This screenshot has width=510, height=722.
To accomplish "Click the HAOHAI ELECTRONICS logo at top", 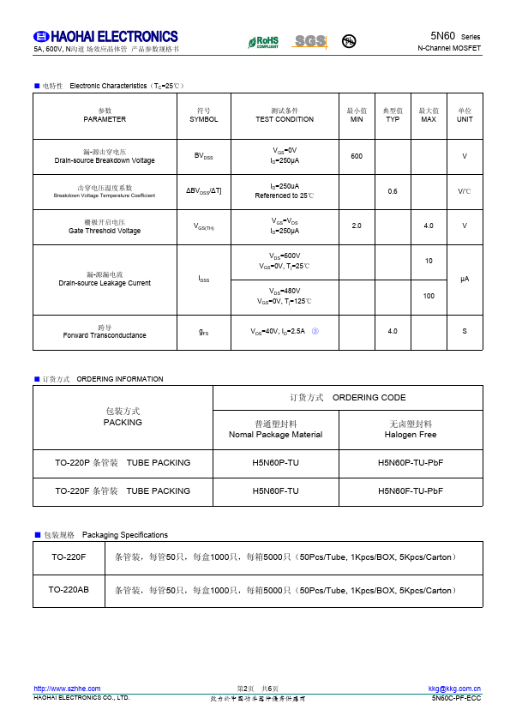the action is tap(105, 37).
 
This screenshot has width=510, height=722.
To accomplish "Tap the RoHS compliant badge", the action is tap(263, 41).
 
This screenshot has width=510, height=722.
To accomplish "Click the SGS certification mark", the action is tap(310, 41).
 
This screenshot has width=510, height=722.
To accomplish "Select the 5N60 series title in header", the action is tap(455, 36).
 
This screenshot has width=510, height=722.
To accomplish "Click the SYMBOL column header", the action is tap(204, 116).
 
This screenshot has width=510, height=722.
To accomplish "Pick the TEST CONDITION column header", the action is tap(285, 116).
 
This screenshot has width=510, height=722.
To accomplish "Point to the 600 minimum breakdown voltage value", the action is tap(357, 155).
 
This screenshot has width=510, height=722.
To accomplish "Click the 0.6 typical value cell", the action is tap(393, 191).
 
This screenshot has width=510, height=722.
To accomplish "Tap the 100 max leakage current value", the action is tap(429, 296).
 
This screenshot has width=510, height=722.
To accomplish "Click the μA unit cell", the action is tap(465, 279).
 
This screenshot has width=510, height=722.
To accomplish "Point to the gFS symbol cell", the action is tap(204, 332).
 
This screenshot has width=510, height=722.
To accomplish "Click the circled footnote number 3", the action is tap(315, 331).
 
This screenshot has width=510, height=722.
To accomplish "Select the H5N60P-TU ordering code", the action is tap(276, 463).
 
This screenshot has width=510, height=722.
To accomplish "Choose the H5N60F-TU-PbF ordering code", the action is tap(411, 490).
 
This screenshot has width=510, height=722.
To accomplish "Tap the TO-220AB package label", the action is tap(69, 590).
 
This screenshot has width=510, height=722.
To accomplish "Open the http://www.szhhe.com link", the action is tap(67, 689).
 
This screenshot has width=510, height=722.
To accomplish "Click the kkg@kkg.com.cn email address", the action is tap(454, 689).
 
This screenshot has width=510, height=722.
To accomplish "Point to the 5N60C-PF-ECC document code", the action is tap(457, 698).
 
